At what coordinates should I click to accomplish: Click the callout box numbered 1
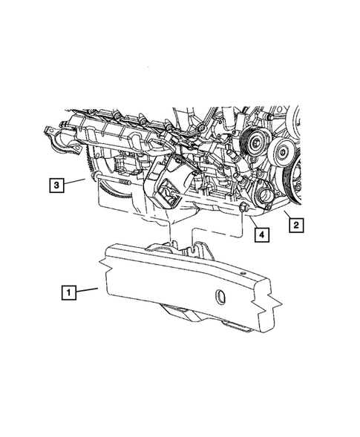(68, 293)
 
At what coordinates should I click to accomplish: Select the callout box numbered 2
(295, 223)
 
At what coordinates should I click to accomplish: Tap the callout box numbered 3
(57, 184)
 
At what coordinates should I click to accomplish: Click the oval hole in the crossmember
(220, 298)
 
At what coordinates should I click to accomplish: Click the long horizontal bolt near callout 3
(115, 180)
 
